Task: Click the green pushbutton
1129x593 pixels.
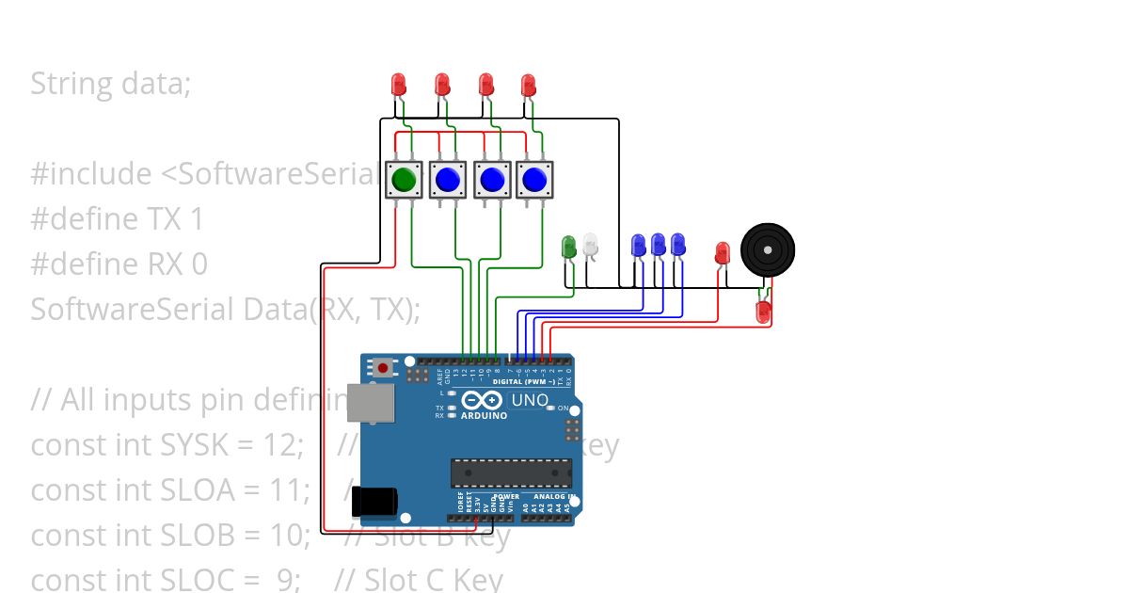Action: (405, 179)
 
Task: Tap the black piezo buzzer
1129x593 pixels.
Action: (767, 249)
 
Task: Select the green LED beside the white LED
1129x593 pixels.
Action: (568, 247)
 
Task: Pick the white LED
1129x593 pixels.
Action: (590, 244)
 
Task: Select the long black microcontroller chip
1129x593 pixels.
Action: (511, 473)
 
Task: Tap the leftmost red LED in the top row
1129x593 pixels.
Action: (398, 85)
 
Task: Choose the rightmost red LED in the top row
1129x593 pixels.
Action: (529, 86)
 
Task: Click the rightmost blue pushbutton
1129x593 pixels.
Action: (534, 179)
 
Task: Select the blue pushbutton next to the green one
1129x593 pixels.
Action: (448, 179)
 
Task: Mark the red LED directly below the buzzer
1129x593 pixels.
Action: (763, 311)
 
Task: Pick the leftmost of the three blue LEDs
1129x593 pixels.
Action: (638, 245)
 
